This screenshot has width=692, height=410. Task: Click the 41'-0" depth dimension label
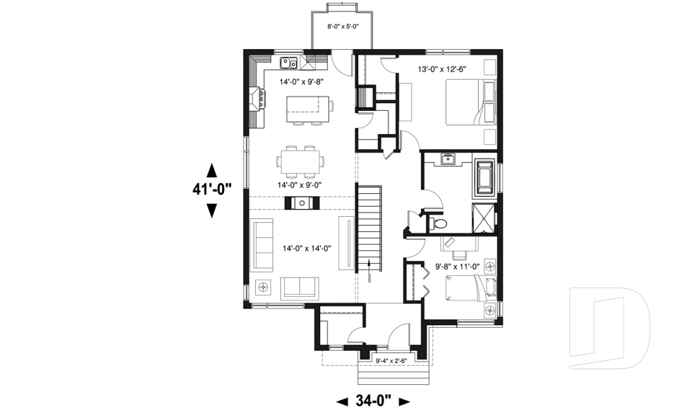click(x=211, y=190)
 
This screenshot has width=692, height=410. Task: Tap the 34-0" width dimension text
click(x=373, y=401)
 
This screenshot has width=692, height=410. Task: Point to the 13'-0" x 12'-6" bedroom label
click(x=443, y=69)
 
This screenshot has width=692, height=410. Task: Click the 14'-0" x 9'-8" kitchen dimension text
click(x=301, y=81)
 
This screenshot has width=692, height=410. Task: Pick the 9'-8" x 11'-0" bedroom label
click(x=458, y=267)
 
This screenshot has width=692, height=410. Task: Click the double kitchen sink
click(x=290, y=62)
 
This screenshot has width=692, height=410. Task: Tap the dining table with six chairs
click(x=301, y=161)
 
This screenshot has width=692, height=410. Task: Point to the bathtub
click(x=482, y=178)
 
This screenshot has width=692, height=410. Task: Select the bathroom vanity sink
click(x=447, y=159)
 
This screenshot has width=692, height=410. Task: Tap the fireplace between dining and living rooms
click(x=301, y=202)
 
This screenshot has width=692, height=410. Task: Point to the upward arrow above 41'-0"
click(x=211, y=171)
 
